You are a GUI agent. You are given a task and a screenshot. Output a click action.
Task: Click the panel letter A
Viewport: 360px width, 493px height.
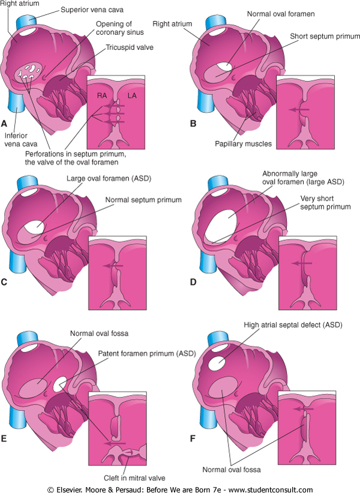click(x=4, y=124)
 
